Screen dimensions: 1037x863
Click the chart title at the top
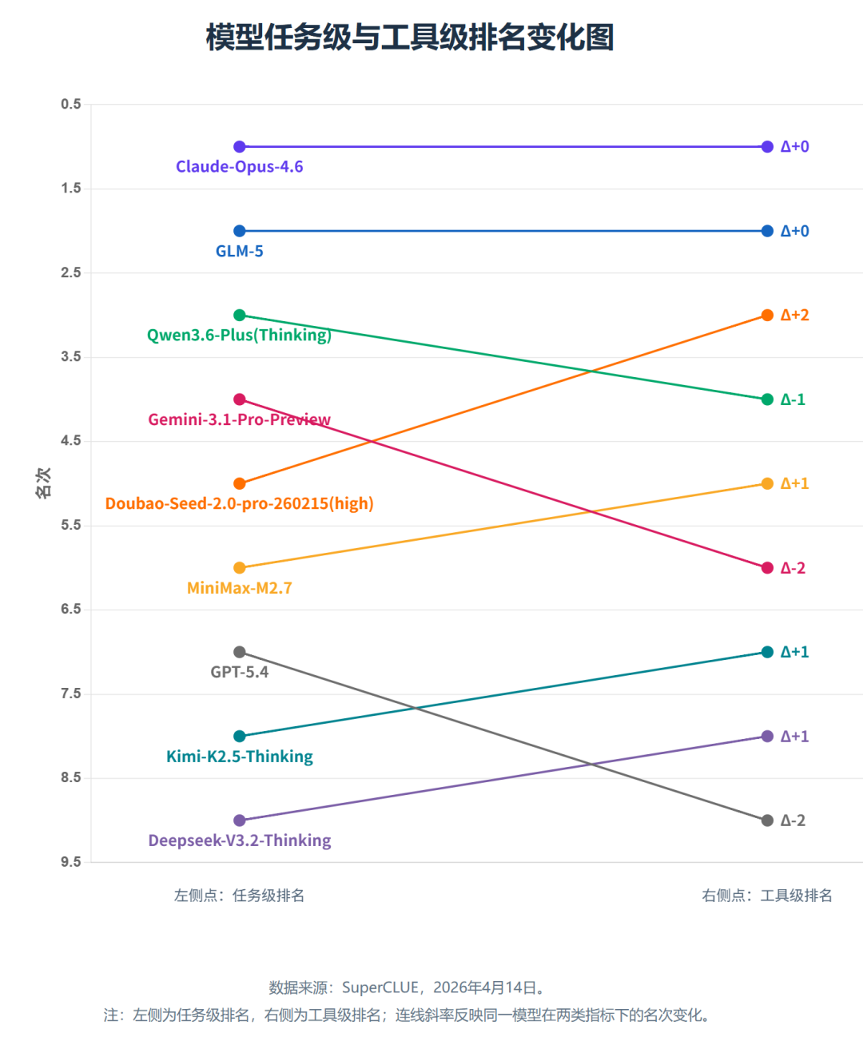click(410, 38)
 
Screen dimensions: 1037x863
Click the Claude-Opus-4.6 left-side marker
click(240, 147)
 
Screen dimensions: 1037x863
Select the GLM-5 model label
click(240, 251)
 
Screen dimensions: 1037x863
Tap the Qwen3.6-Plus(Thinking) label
click(239, 335)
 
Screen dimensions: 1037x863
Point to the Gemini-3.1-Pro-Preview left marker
click(240, 399)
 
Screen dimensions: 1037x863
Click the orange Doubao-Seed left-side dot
click(240, 484)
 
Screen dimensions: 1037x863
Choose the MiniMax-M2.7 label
click(240, 588)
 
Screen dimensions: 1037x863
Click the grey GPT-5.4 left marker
click(240, 652)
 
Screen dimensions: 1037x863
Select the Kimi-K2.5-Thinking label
click(240, 757)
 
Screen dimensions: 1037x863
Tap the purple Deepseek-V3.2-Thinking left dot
click(240, 820)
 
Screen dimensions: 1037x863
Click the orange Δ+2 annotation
click(794, 315)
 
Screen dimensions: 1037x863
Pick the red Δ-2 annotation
click(793, 568)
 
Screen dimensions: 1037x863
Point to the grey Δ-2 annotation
click(793, 820)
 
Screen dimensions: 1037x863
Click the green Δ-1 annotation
click(793, 399)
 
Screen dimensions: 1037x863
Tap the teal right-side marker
click(767, 652)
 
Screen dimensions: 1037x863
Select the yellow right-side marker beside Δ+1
click(767, 483)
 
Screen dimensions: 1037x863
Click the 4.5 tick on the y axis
click(71, 441)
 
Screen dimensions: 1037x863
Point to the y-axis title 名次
click(43, 483)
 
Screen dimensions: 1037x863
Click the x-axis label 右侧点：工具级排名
click(767, 896)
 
